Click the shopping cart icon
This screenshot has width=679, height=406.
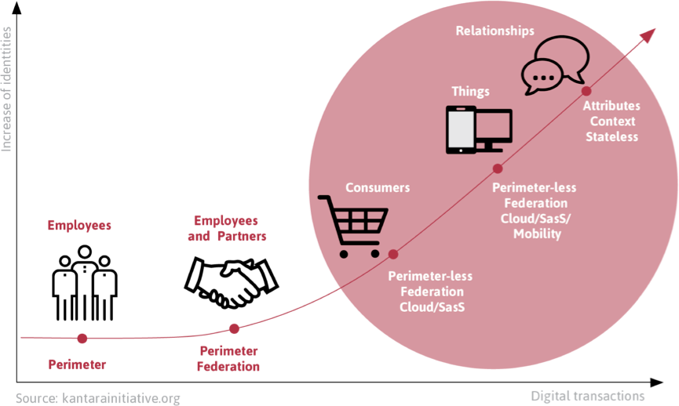click(353, 227)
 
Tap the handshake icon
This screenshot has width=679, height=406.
click(232, 282)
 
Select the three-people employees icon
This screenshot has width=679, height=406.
click(85, 283)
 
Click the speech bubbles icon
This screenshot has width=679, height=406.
click(555, 65)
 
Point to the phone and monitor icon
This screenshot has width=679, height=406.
click(479, 129)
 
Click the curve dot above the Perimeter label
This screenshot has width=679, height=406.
click(82, 338)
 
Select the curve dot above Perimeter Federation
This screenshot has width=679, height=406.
click(234, 328)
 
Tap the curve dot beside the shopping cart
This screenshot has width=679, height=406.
click(393, 254)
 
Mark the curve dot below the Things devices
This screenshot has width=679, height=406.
click(498, 169)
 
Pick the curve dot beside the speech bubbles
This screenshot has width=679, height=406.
click(586, 91)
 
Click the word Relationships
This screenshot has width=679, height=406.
click(495, 31)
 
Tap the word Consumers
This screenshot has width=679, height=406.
click(378, 187)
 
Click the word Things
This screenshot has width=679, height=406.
click(471, 92)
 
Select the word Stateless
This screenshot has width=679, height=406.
click(611, 137)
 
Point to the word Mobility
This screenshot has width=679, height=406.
click(538, 234)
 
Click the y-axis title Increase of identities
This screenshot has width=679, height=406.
click(6, 89)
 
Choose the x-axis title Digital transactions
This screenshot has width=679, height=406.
click(588, 396)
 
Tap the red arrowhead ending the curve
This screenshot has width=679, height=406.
click(648, 35)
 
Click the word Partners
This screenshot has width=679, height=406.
click(242, 236)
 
